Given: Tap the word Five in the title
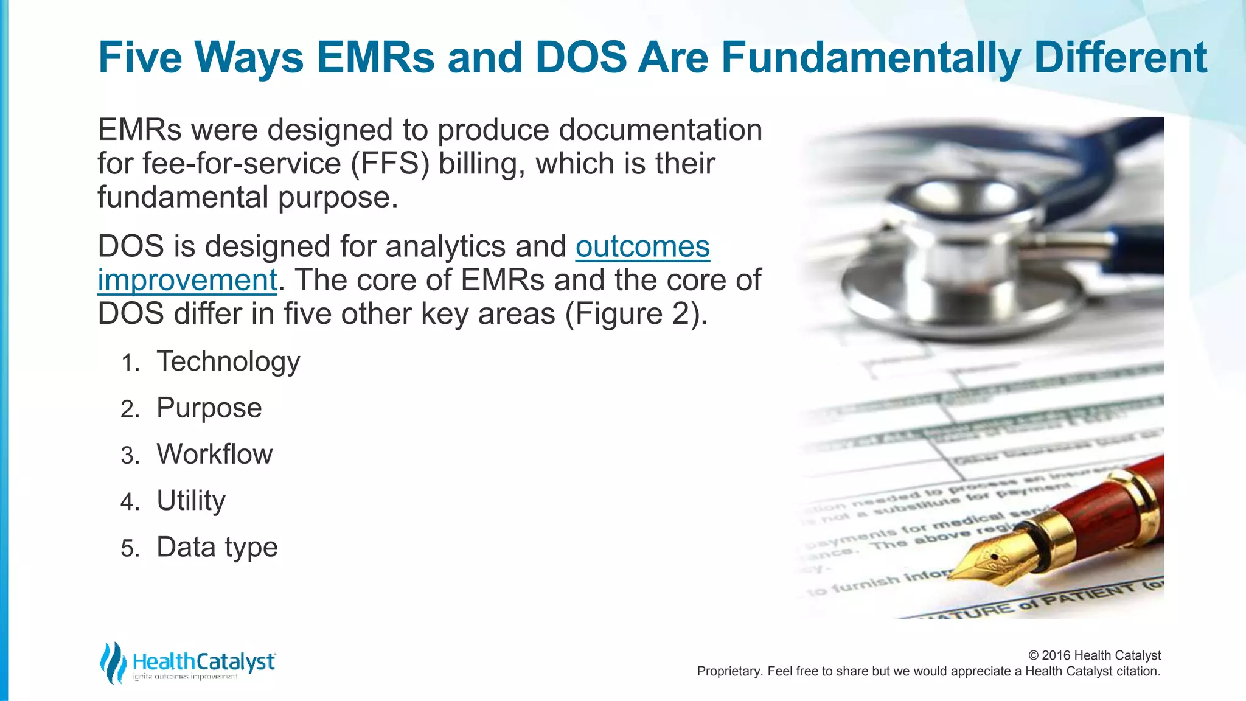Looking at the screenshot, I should [x=140, y=58].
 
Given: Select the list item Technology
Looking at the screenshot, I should [x=228, y=361].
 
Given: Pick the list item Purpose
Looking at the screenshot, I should [x=209, y=408].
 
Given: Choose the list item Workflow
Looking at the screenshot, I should [x=214, y=454].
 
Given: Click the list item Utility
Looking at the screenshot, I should [x=190, y=501].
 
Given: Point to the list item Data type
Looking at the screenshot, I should [x=217, y=547].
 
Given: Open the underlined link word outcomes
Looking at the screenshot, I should [x=642, y=246].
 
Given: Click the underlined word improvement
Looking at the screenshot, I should [x=187, y=281].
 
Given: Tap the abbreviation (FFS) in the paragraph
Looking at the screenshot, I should [x=390, y=164].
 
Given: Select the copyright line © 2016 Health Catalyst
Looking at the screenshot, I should [x=1094, y=655].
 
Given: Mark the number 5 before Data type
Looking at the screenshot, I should [x=130, y=549].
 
